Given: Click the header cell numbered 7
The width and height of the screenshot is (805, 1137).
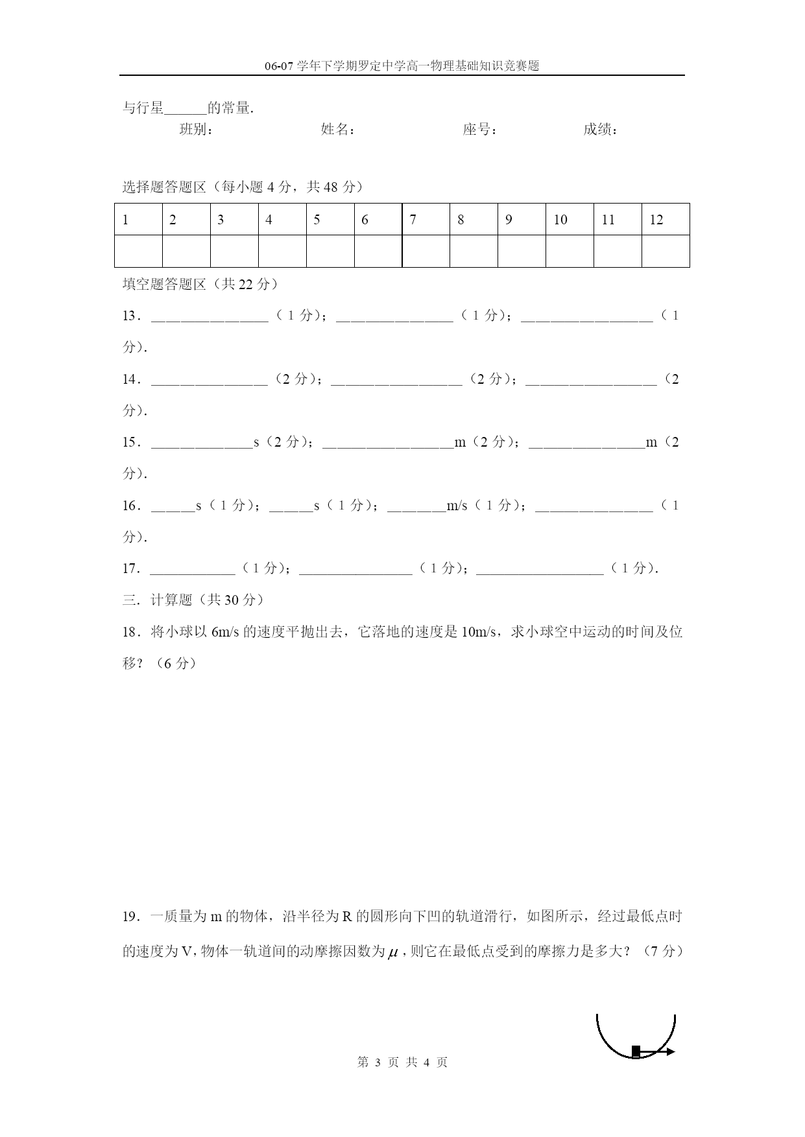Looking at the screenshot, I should coord(426,220).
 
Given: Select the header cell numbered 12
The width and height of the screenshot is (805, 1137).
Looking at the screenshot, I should coord(665,220).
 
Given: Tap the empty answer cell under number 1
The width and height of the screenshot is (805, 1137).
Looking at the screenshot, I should coord(138,251).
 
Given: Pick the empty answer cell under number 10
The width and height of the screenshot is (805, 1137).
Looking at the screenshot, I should coord(570,251).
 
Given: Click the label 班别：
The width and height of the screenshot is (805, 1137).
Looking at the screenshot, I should coord(197,130).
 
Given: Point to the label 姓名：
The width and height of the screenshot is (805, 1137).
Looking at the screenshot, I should coord(338,130).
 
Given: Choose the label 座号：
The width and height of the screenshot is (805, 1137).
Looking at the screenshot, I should coord(480,130).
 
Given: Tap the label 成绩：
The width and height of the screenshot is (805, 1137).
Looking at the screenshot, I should coord(601,130).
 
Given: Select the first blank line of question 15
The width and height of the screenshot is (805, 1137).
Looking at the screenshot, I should coord(202,446).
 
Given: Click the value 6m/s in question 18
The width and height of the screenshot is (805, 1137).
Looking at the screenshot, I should coord(226,632).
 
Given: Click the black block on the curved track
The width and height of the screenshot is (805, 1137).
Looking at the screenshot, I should coord(636,1051).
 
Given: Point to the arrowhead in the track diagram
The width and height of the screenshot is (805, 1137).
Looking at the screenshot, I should coord(670,1051).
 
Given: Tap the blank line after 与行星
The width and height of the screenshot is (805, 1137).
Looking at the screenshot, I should coord(186,110).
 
